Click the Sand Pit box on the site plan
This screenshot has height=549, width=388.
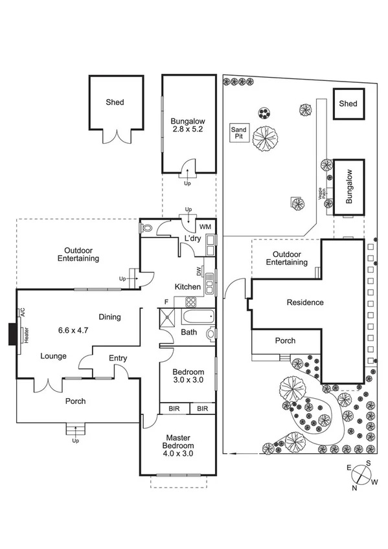point(238,133)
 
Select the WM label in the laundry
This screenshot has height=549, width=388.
point(205,227)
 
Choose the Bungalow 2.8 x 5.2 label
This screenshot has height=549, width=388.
point(188,125)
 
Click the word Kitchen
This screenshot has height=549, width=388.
point(187,287)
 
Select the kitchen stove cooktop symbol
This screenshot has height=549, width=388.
point(192,301)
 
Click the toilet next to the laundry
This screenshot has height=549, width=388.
point(147,229)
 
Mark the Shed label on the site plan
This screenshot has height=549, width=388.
point(348,104)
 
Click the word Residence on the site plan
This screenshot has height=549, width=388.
point(305,302)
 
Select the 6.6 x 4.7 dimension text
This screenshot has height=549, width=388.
point(73,330)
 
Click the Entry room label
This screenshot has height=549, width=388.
point(118,358)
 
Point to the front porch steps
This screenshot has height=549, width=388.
point(75,429)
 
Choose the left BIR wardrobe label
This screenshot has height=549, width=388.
point(174,409)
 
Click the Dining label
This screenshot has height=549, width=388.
point(110,317)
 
